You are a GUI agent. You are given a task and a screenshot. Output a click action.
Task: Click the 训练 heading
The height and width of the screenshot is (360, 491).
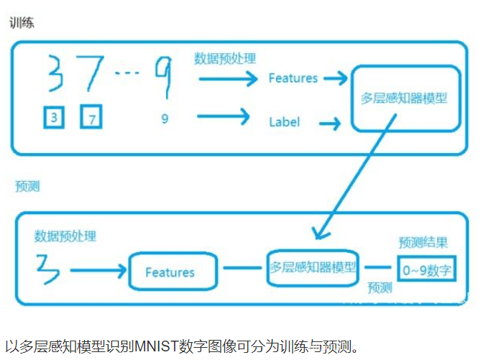point(22,22)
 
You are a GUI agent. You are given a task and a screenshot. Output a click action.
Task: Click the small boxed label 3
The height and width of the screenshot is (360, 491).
point(54,117)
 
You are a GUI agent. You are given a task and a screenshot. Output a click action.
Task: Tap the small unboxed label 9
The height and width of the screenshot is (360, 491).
point(165,119)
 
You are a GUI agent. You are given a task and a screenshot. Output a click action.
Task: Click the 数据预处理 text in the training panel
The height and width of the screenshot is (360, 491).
point(224,58)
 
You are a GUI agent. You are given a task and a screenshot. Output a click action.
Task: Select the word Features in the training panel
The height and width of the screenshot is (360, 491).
point(293,78)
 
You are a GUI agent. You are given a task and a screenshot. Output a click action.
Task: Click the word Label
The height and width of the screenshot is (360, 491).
point(284,121)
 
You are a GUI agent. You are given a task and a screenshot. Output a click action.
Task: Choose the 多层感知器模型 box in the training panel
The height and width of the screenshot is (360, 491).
point(404,98)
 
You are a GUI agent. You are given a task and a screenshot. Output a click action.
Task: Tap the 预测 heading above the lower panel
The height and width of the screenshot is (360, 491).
point(27,186)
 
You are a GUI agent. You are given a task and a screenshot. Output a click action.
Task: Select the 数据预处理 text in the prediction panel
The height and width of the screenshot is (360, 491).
point(65,236)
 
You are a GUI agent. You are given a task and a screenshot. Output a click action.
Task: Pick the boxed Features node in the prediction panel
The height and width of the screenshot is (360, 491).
point(170,272)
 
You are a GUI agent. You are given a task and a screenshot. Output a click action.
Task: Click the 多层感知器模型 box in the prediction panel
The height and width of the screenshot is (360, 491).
point(313,267)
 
